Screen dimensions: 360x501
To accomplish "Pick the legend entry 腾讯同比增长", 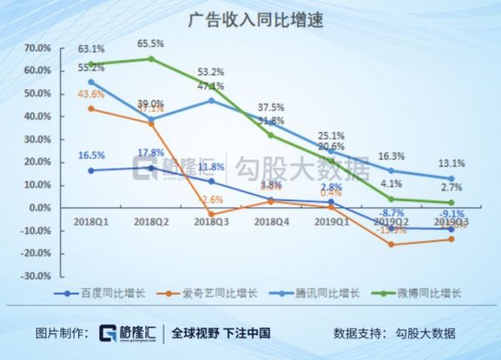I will [313, 293].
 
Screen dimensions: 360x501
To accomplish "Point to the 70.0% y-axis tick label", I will [38, 48].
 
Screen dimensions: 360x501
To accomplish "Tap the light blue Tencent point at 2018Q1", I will [89, 82].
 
